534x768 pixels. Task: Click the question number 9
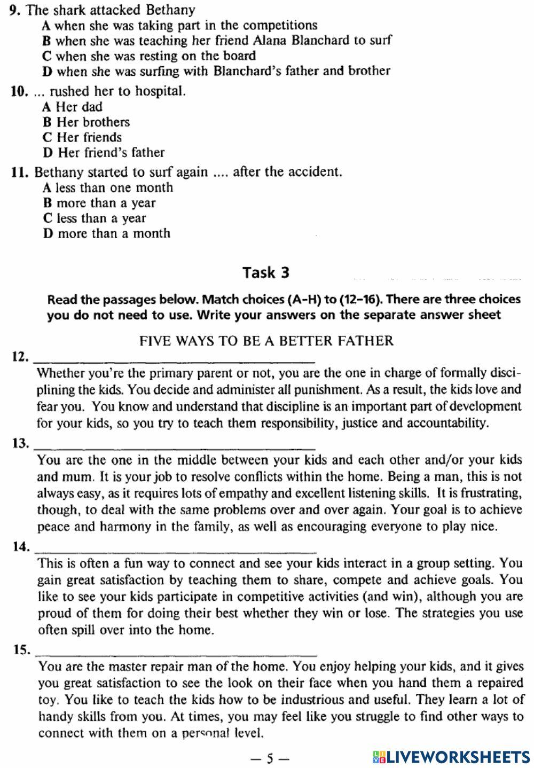pyautogui.click(x=15, y=10)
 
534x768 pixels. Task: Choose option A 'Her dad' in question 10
pyautogui.click(x=73, y=107)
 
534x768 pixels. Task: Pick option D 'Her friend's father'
pyautogui.click(x=104, y=153)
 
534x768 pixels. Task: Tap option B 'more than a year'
pyautogui.click(x=99, y=203)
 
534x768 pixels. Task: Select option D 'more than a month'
pyautogui.click(x=107, y=233)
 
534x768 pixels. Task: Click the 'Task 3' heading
pyautogui.click(x=266, y=272)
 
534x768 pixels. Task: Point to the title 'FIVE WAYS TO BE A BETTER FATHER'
pyautogui.click(x=266, y=341)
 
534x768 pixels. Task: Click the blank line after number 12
pyautogui.click(x=175, y=358)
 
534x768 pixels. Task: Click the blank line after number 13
pyautogui.click(x=175, y=445)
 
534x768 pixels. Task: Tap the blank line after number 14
pyautogui.click(x=175, y=548)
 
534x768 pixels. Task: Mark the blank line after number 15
pyautogui.click(x=175, y=652)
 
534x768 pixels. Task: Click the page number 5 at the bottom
pyautogui.click(x=270, y=757)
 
